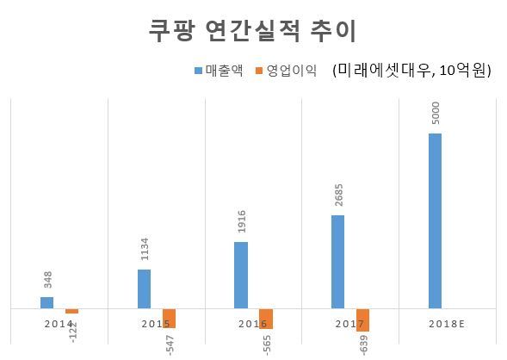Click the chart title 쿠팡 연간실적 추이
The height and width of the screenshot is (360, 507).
[252, 31]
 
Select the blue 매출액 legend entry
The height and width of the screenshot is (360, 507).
[219, 71]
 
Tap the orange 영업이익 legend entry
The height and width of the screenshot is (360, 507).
[286, 71]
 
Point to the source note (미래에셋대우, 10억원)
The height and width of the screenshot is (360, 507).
[411, 70]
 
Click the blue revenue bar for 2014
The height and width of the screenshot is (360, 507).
[46, 303]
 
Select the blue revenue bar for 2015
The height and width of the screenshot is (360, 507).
[145, 289]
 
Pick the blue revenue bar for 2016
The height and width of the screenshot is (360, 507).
[241, 276]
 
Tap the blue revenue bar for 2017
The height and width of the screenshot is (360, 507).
[338, 262]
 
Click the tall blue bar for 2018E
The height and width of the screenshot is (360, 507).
[435, 221]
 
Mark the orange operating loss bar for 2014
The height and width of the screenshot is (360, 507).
[71, 311]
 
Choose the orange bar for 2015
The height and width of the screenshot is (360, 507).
[169, 319]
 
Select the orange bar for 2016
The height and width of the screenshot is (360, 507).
[266, 319]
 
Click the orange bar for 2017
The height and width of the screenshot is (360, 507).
[362, 320]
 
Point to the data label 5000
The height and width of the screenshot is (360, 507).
[436, 113]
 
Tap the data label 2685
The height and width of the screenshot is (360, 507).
[339, 195]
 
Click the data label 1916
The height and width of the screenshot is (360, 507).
[242, 221]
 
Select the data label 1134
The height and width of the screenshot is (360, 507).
[145, 249]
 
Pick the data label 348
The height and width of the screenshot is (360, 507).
[48, 280]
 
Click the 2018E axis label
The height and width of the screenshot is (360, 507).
[447, 324]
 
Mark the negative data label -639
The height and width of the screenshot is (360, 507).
[364, 345]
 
